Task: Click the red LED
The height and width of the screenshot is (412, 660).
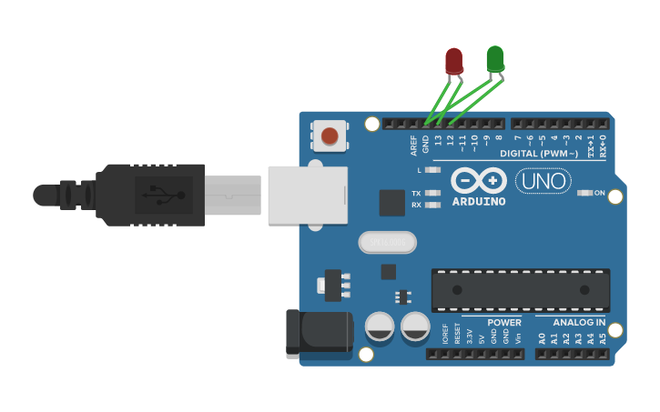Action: pos(453,61)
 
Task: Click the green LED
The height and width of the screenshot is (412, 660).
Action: pos(495,59)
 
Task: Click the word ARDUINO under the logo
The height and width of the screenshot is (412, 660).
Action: pos(479,201)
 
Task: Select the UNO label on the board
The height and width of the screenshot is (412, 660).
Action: pos(543,181)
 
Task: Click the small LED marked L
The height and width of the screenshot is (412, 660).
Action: pos(432,170)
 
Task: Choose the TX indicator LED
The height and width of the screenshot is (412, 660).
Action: pos(432,193)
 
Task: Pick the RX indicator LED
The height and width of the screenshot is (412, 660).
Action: pos(432,205)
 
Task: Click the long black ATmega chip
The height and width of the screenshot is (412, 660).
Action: pos(520,289)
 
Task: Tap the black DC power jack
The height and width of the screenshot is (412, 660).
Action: pos(320,332)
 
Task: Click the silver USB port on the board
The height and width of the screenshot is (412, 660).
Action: pos(308,195)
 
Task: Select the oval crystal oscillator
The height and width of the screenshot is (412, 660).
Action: pos(387,242)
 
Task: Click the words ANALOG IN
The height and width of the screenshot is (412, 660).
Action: pos(579,322)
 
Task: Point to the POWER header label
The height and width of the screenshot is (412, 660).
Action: pos(504,322)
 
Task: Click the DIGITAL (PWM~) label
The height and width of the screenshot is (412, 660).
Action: pos(539,154)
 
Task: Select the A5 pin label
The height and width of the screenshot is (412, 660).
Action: pos(602,338)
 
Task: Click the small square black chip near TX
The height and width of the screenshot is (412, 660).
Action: pos(391,202)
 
